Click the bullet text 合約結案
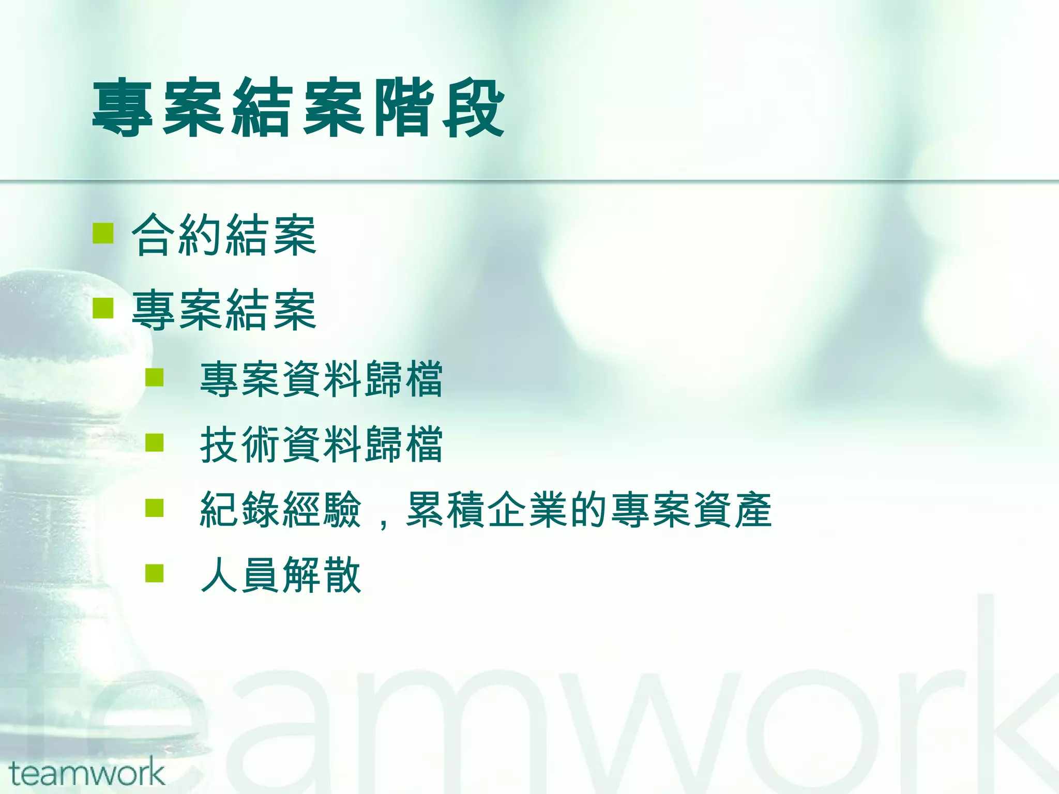pyautogui.click(x=223, y=236)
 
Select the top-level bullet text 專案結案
pyautogui.click(x=223, y=310)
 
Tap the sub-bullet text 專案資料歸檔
pyautogui.click(x=321, y=380)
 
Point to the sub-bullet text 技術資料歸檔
pyautogui.click(x=321, y=445)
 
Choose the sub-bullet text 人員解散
pyautogui.click(x=281, y=575)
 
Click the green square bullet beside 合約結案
pyautogui.click(x=103, y=233)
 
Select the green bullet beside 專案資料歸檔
pyautogui.click(x=154, y=377)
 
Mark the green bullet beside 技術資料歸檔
pyautogui.click(x=154, y=442)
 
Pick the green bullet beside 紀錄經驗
pyautogui.click(x=154, y=508)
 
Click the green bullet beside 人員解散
pyautogui.click(x=154, y=573)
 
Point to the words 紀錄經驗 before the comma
pyautogui.click(x=281, y=510)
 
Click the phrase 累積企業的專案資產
pyautogui.click(x=588, y=510)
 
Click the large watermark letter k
pyautogui.click(x=1013, y=693)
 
